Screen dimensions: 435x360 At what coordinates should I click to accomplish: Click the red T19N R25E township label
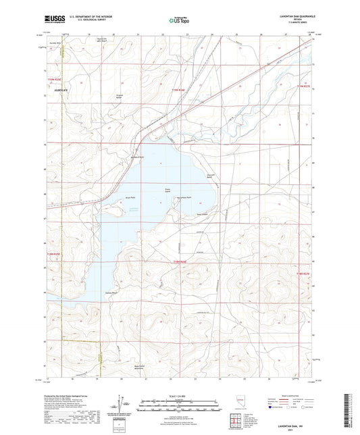coord(54,81)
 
